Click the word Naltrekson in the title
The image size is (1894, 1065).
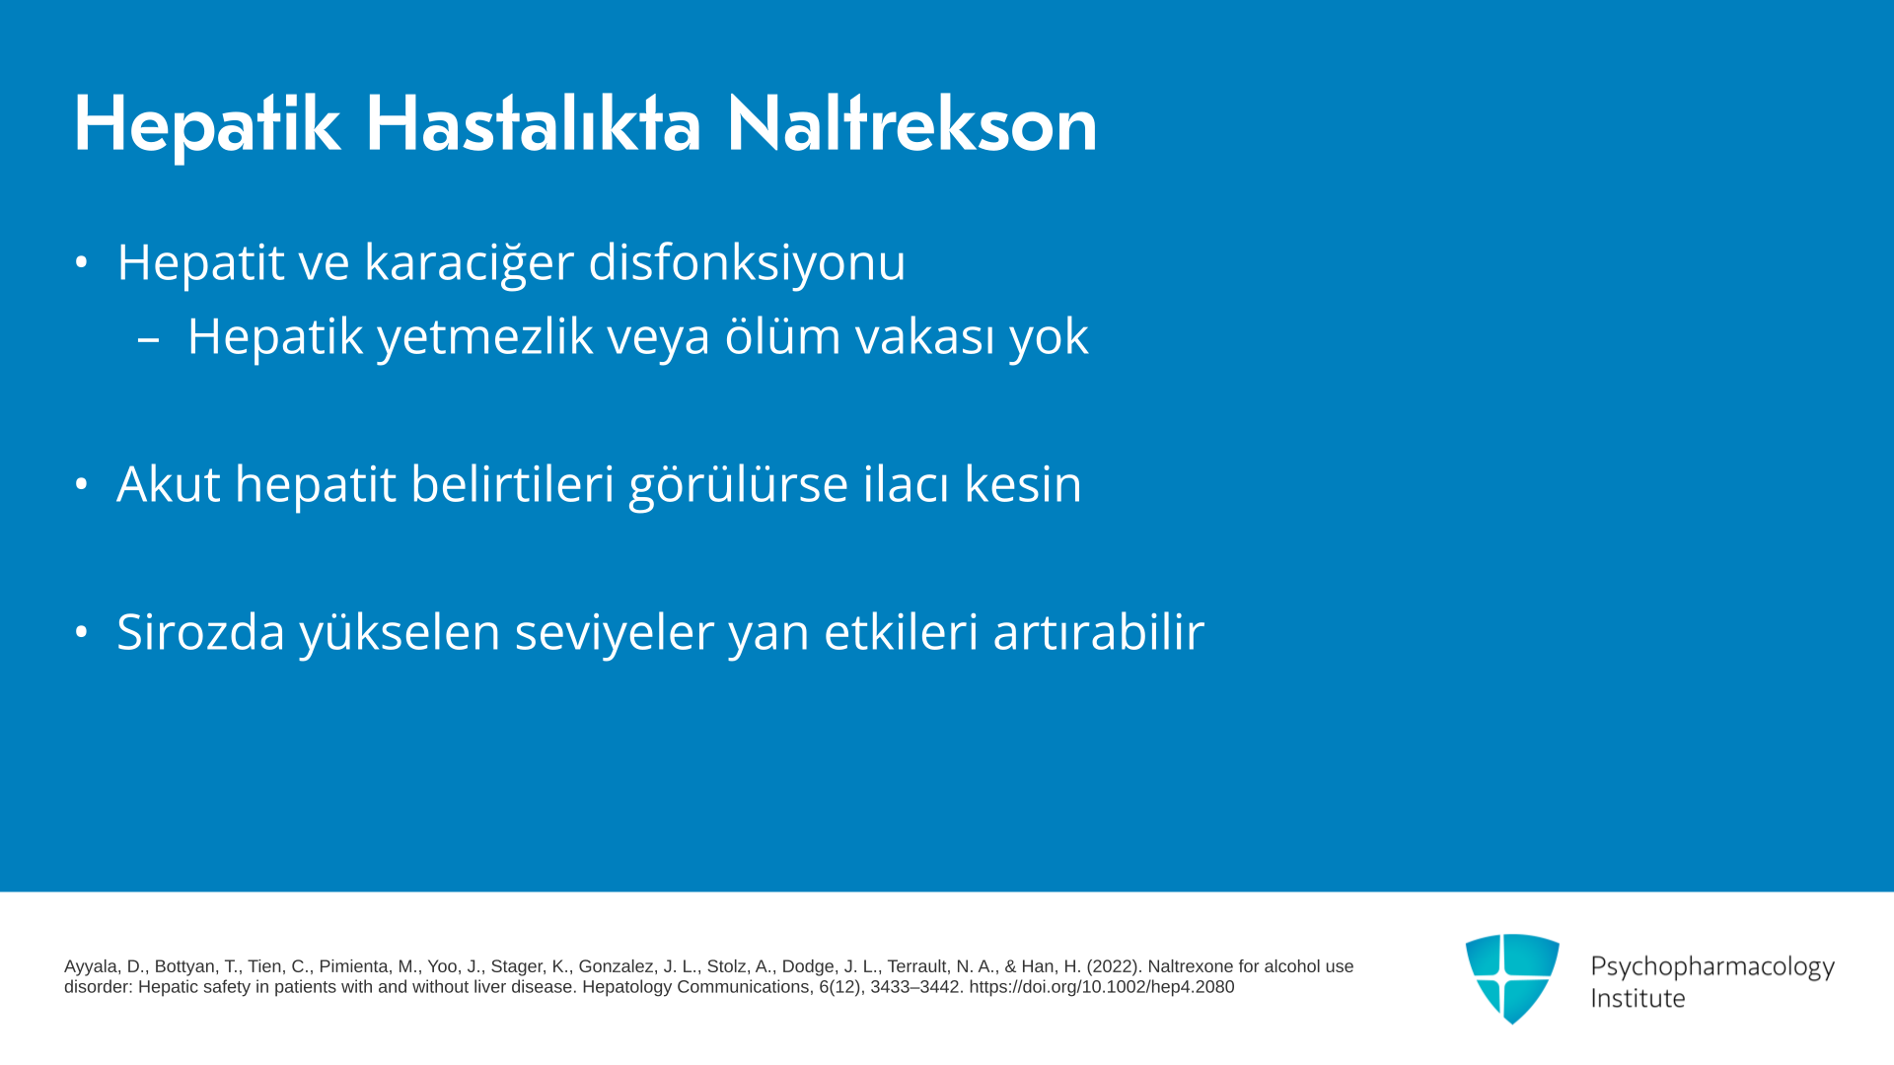[x=911, y=124]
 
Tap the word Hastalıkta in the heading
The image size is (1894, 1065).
[x=533, y=124]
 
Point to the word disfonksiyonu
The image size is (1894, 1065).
[x=747, y=262]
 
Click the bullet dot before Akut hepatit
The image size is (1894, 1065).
[x=82, y=484]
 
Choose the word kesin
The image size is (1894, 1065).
[x=1023, y=484]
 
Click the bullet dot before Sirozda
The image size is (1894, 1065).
[x=82, y=632]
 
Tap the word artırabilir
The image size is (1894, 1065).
[x=1099, y=632]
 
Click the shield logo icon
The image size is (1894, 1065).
[x=1512, y=978]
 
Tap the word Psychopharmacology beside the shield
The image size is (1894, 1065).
[x=1712, y=967]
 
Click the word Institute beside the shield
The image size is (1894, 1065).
[x=1638, y=999]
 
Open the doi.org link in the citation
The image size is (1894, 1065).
[x=1102, y=987]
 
